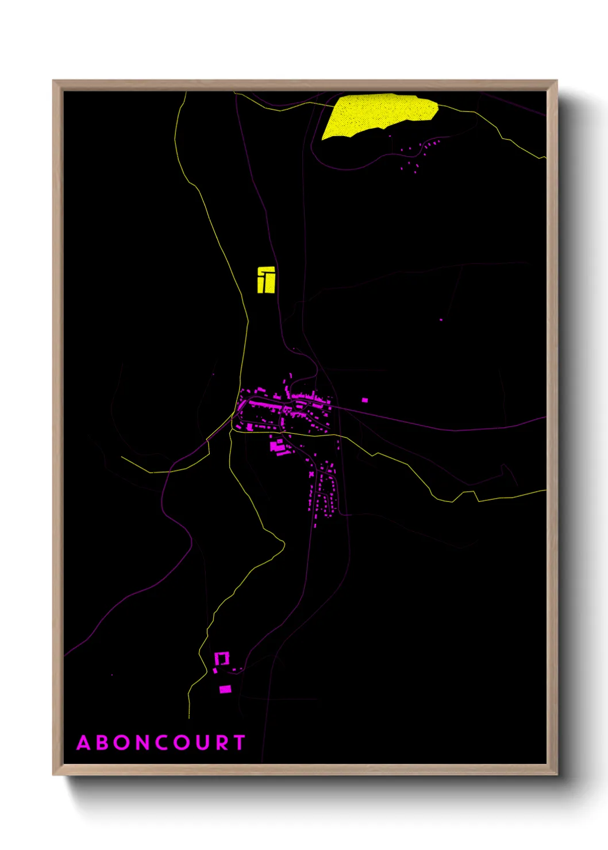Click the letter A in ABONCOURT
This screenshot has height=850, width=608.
pyautogui.click(x=84, y=743)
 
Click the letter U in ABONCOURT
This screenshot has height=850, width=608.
pyautogui.click(x=203, y=743)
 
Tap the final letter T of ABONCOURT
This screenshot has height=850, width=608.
pyautogui.click(x=240, y=743)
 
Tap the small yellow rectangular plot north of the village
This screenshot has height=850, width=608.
pyautogui.click(x=265, y=280)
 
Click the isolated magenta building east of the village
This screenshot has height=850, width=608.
pyautogui.click(x=364, y=400)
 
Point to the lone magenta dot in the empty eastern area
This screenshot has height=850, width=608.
pyautogui.click(x=441, y=319)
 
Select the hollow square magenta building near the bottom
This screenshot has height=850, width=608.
pyautogui.click(x=222, y=658)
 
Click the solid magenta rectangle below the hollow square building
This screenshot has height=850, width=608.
pyautogui.click(x=225, y=689)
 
